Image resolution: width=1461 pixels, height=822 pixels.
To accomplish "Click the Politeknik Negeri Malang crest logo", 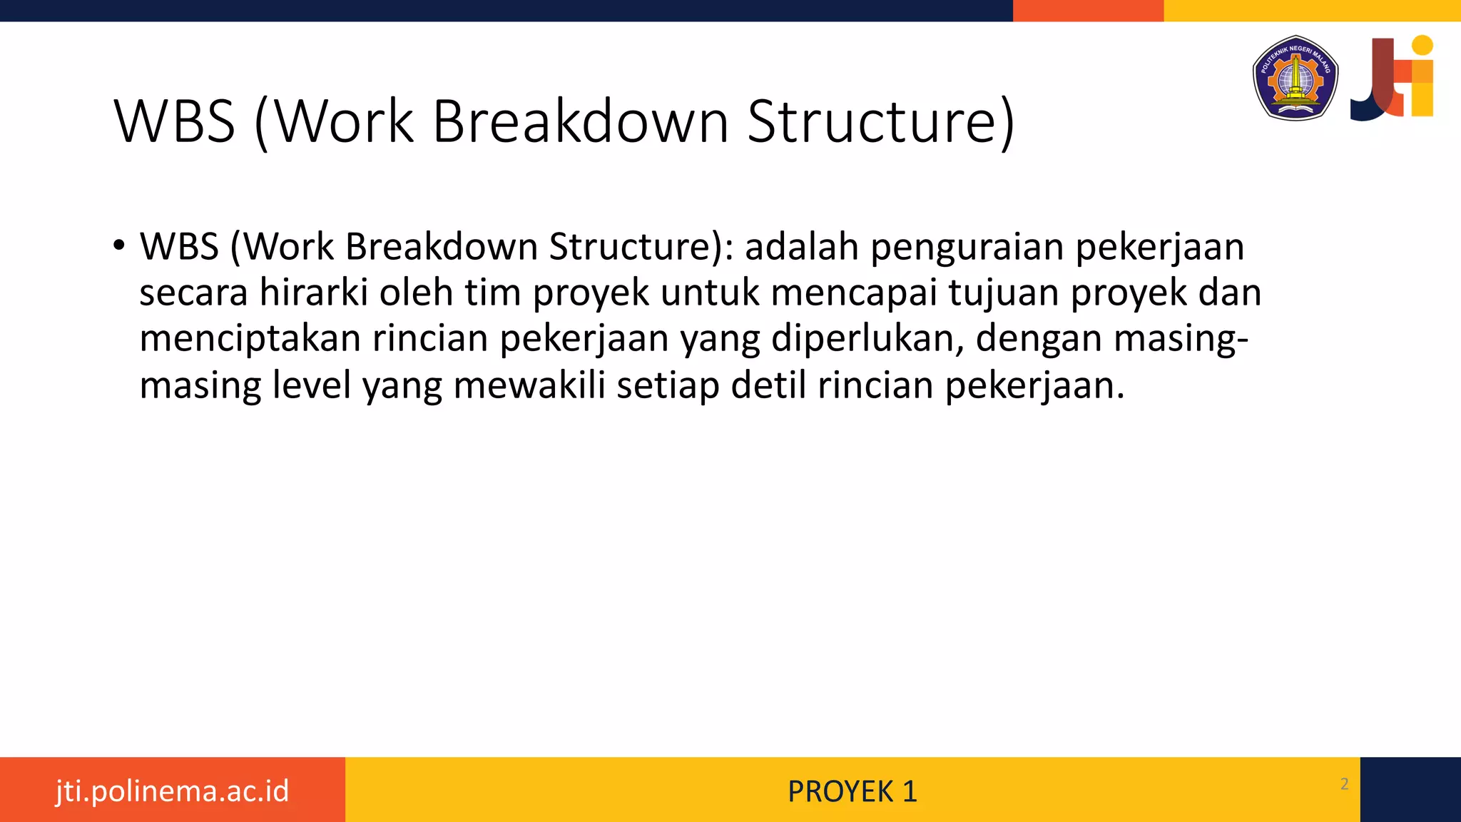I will coord(1295,78).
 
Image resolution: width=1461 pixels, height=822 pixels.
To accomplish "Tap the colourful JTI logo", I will coord(1392,77).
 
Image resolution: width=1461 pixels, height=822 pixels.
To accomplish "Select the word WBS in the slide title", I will coord(175,121).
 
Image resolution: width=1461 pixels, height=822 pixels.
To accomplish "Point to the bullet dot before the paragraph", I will coord(119,246).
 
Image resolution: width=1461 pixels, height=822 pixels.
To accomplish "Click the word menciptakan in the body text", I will coord(250,338).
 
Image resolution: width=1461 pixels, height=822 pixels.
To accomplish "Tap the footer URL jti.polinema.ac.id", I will coord(173,791).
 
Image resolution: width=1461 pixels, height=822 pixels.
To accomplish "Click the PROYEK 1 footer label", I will coord(852,791).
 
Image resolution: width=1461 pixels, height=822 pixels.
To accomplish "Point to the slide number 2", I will coord(1345,784).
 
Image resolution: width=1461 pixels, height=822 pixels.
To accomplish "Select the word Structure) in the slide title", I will coord(880,121).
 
